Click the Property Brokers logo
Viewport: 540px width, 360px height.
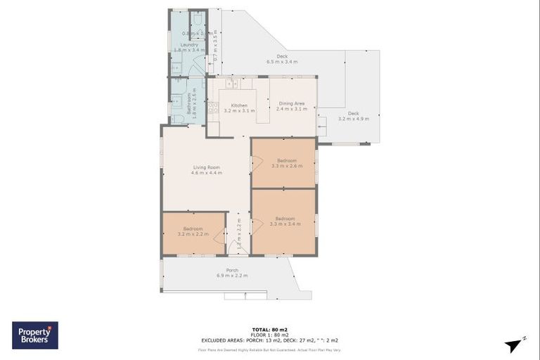click(35, 335)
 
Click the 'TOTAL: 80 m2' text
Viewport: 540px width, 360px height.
click(269, 329)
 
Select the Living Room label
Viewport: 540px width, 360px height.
click(206, 167)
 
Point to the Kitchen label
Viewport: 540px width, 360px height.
click(239, 105)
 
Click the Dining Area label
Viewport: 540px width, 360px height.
click(291, 104)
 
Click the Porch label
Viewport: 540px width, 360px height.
click(232, 270)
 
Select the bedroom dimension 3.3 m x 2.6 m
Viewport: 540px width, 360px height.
click(285, 166)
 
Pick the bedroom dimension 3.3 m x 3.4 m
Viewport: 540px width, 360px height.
click(285, 224)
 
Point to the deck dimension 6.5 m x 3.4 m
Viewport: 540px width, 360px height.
click(282, 62)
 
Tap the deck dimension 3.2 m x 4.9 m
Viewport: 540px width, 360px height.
click(353, 119)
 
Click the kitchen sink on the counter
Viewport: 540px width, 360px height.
click(231, 84)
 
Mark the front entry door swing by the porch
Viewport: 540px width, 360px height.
click(233, 248)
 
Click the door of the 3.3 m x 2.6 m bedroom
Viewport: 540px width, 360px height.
click(257, 162)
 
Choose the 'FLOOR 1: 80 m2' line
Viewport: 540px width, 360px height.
click(269, 334)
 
